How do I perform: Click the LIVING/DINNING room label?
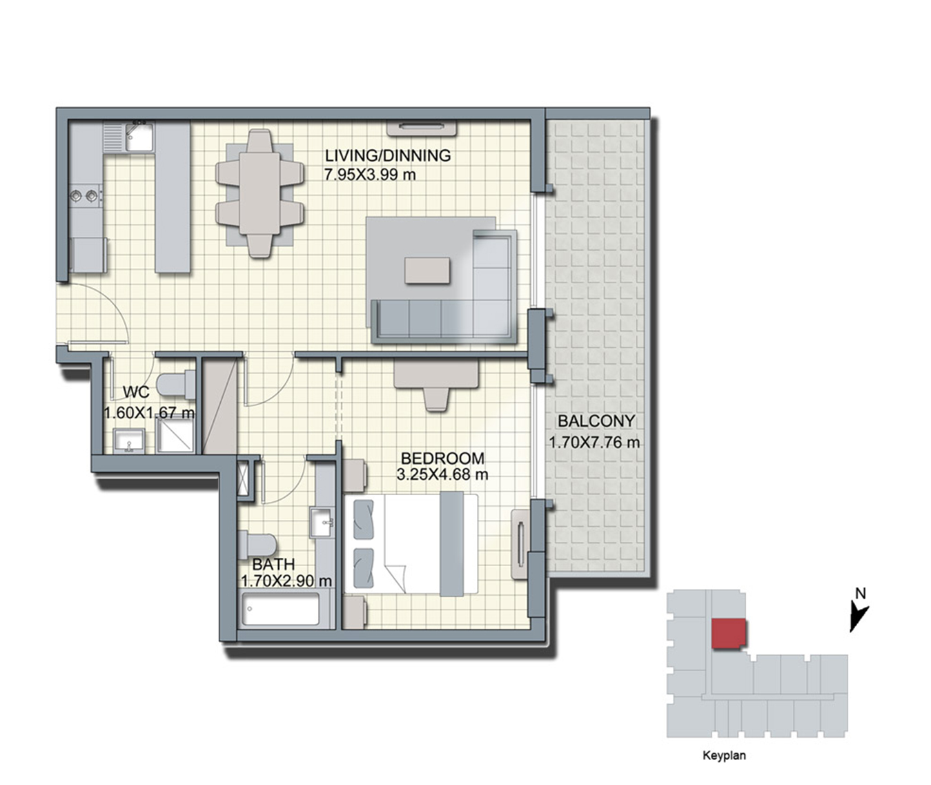point(387,155)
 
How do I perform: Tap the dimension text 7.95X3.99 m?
point(370,175)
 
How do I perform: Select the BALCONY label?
point(596,420)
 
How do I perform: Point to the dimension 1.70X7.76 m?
point(594,443)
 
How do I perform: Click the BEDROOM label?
point(442,458)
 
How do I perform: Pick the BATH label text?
point(273,564)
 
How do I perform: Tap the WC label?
point(136,392)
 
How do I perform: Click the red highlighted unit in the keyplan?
point(729,633)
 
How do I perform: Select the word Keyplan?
point(724,755)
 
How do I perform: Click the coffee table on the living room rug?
point(427,270)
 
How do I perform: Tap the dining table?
point(260,193)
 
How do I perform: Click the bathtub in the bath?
point(280,609)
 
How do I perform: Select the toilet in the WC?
point(176,385)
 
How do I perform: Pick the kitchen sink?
point(139,137)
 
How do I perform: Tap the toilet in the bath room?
point(257,545)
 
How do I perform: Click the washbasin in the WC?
point(129,441)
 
